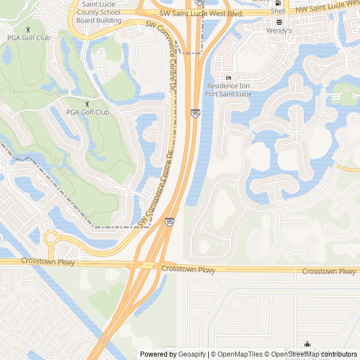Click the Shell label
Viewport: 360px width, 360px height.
pyautogui.click(x=278, y=11)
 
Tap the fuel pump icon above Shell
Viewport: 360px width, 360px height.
pyautogui.click(x=278, y=3)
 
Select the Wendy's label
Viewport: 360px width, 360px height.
pyautogui.click(x=279, y=30)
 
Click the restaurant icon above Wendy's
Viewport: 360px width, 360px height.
pyautogui.click(x=279, y=22)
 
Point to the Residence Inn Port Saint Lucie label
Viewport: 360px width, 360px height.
pyautogui.click(x=228, y=89)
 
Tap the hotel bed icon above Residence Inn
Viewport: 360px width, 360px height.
pyautogui.click(x=228, y=77)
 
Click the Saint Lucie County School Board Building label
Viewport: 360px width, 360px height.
pyautogui.click(x=99, y=12)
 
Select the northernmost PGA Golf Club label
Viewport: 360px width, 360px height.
pyautogui.click(x=29, y=38)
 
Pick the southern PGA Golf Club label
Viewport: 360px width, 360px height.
pyautogui.click(x=87, y=112)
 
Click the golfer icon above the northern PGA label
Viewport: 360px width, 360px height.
pyautogui.click(x=29, y=29)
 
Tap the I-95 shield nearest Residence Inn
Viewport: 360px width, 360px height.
pyautogui.click(x=195, y=114)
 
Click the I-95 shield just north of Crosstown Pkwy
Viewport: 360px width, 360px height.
pyautogui.click(x=169, y=222)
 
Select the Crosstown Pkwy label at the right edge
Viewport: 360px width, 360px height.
pyautogui.click(x=328, y=271)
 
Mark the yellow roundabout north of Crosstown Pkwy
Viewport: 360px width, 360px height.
pyautogui.click(x=51, y=237)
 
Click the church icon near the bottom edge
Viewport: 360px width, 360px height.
pyautogui.click(x=308, y=345)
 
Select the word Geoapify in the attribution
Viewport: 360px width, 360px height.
pyautogui.click(x=192, y=354)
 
